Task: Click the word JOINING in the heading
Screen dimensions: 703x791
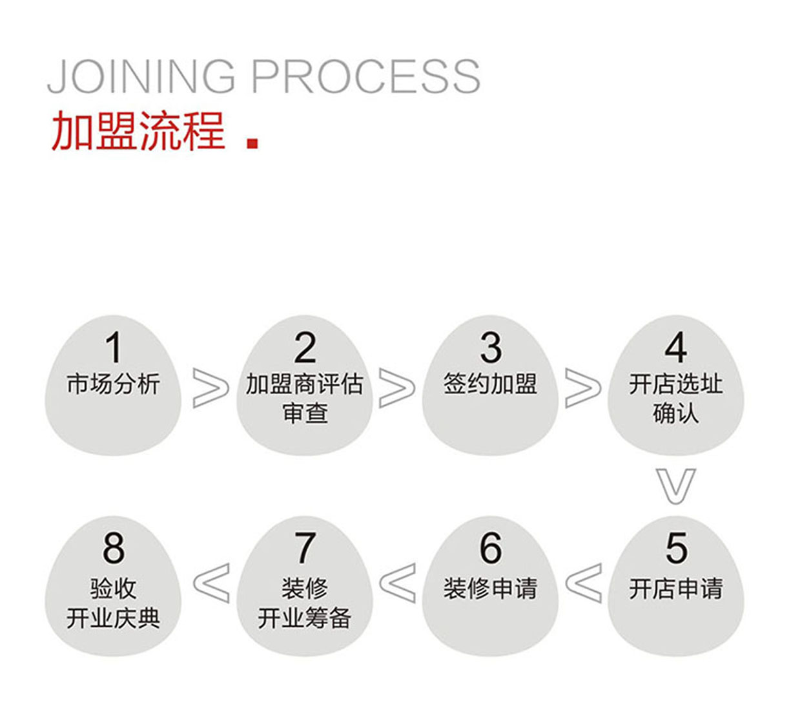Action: (x=142, y=76)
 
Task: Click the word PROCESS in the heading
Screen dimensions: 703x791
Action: (x=365, y=76)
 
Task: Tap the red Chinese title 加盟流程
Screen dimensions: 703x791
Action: (x=138, y=131)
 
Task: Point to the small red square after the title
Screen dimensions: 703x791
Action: (x=252, y=143)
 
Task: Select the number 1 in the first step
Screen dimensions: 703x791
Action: (x=114, y=348)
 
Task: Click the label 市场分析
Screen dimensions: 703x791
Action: (x=113, y=384)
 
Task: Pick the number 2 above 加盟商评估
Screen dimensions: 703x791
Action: (x=305, y=348)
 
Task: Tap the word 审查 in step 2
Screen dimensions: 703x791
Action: (x=305, y=413)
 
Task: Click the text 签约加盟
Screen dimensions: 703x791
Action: (x=490, y=384)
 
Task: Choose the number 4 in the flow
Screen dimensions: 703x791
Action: (x=675, y=348)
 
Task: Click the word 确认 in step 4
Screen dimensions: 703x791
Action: (x=675, y=413)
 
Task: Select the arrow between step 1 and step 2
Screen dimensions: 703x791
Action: (x=211, y=388)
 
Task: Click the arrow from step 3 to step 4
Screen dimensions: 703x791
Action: (x=582, y=388)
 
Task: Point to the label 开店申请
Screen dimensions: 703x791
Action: (x=675, y=589)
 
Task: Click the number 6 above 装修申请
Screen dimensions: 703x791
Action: (x=490, y=549)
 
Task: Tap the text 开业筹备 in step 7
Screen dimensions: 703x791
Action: (x=305, y=618)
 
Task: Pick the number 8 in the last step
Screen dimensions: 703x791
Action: (x=114, y=549)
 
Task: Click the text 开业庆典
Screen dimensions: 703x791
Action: (x=113, y=618)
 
